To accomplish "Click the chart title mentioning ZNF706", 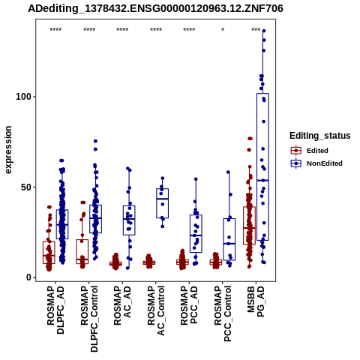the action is [x=155, y=8].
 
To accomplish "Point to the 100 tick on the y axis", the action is [x=25, y=97].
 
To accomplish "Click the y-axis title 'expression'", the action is [x=8, y=150].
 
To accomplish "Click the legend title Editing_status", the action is [x=320, y=136].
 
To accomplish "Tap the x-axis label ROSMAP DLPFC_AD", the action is [x=55, y=310].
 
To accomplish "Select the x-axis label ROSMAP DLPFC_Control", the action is [x=89, y=319].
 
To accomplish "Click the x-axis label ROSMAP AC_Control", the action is [x=156, y=310].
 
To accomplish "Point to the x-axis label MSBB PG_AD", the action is [x=256, y=301].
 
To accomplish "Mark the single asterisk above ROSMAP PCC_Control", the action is [x=223, y=30].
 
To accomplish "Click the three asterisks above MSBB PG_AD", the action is [x=256, y=30].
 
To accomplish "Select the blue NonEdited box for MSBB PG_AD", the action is [x=262, y=167].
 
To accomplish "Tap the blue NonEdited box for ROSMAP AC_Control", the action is [x=163, y=203].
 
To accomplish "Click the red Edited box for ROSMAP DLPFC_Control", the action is [x=82, y=252].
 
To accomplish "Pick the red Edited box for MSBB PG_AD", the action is [x=249, y=226].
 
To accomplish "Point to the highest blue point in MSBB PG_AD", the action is [x=264, y=31].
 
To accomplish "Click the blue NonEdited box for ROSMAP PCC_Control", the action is [x=229, y=239].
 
